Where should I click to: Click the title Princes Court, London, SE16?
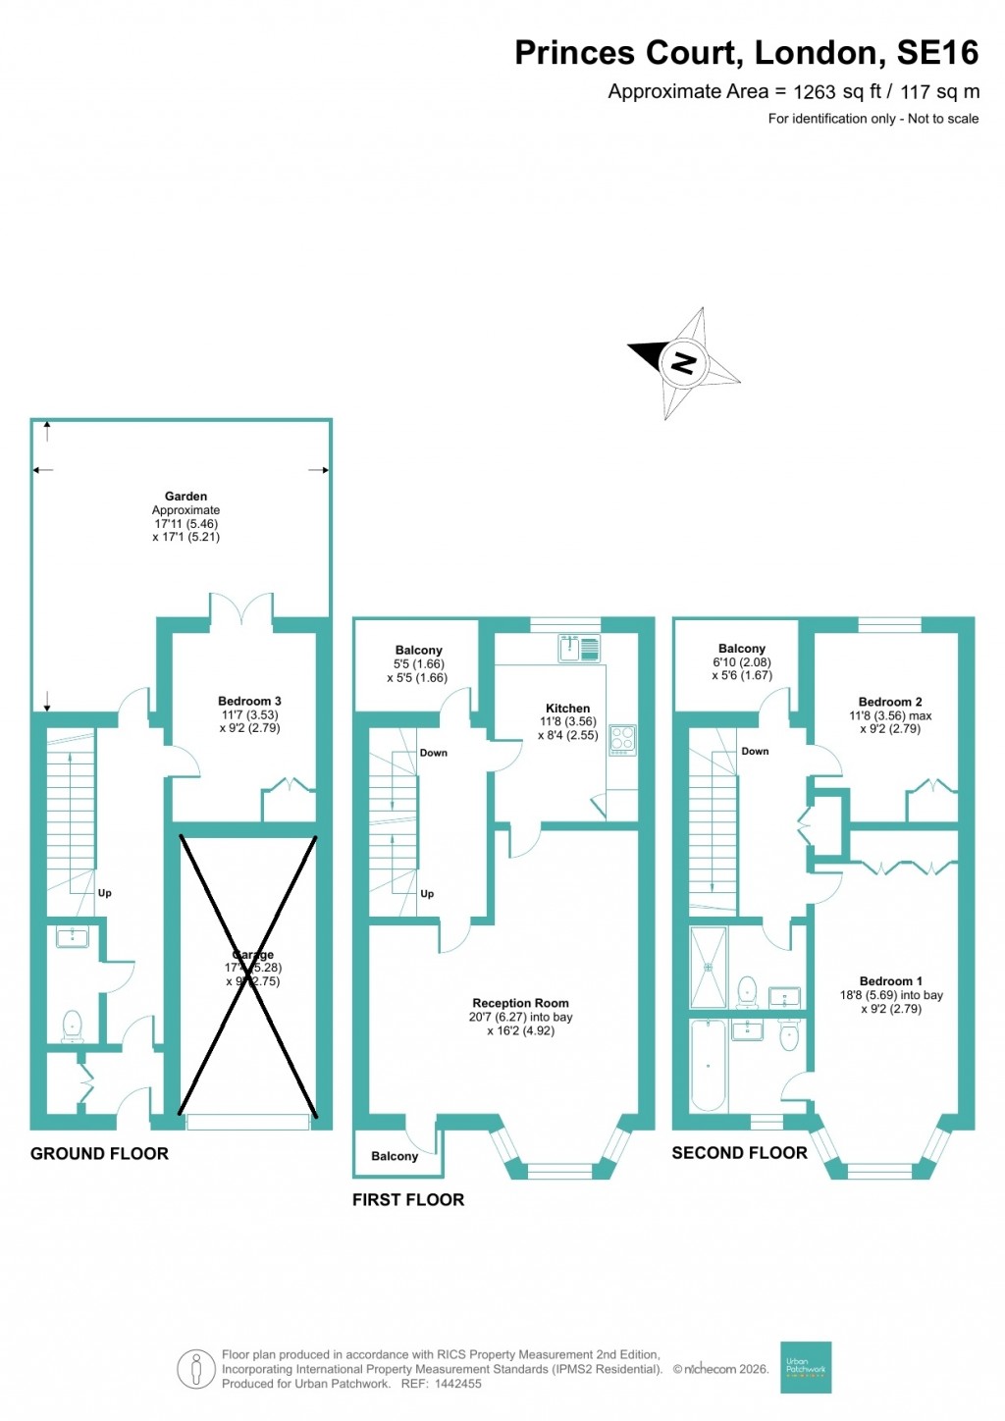(746, 52)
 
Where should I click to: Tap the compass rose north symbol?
(682, 363)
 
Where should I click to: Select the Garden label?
(185, 497)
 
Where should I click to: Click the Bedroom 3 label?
(249, 701)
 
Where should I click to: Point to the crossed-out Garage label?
(252, 955)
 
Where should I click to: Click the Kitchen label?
(567, 708)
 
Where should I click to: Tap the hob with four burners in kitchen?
(622, 739)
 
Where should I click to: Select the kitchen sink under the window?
(579, 649)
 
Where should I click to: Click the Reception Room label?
(520, 1003)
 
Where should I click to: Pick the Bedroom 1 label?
(890, 981)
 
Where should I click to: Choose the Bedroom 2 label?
(890, 702)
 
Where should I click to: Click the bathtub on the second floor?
(708, 1065)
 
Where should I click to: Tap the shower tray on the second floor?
(708, 967)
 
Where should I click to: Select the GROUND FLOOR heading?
(99, 1153)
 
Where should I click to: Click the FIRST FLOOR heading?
(408, 1199)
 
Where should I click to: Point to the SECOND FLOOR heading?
(739, 1153)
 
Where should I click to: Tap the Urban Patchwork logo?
(806, 1367)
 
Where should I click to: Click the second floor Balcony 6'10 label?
(741, 649)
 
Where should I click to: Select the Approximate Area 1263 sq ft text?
(793, 91)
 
